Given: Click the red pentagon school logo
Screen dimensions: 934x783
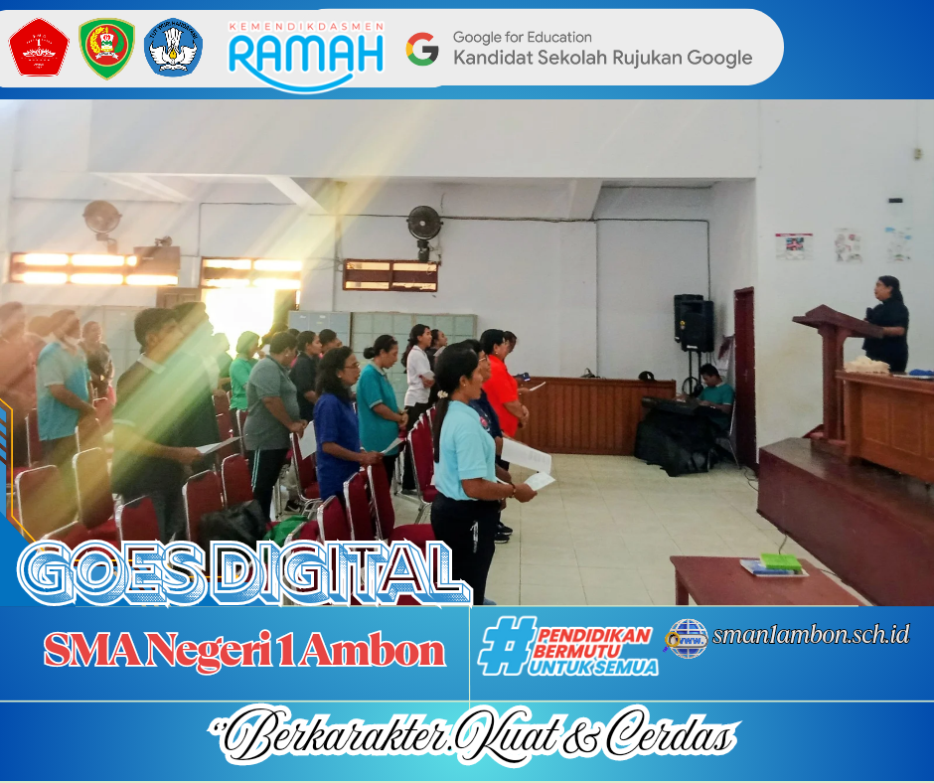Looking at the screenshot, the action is click(39, 47).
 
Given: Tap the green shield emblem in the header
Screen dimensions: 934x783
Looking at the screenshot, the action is click(107, 49).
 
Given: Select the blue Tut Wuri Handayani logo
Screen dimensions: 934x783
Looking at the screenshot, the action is click(173, 47).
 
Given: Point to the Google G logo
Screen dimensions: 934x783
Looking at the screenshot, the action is click(422, 49).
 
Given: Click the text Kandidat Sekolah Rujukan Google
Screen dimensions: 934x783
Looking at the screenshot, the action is click(603, 58).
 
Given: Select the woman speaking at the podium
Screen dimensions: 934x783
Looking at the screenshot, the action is click(887, 324).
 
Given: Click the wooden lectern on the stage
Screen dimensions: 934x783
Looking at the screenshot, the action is click(834, 370).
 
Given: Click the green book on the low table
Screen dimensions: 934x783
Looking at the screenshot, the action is click(780, 562).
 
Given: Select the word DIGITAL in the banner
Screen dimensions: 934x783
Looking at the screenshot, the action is click(343, 573).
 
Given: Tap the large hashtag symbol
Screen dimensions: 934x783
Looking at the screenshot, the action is click(507, 645).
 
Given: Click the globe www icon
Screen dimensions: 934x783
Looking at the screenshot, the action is click(687, 639).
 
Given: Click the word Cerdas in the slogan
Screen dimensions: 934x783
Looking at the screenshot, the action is click(672, 735).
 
